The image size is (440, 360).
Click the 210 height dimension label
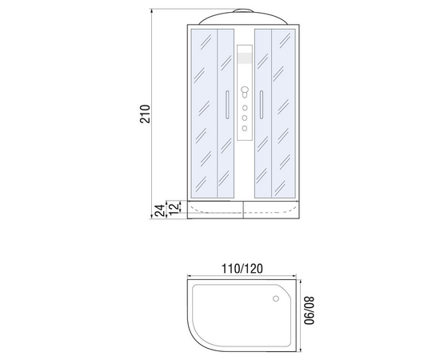click(145, 114)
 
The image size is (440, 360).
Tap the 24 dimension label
click(160, 210)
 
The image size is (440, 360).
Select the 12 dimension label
click(174, 208)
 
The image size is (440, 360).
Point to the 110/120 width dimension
click(242, 269)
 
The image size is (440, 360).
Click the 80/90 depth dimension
click(310, 310)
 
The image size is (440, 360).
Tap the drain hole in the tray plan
click(276, 298)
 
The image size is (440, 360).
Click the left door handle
click(227, 105)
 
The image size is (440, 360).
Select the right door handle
click(262, 105)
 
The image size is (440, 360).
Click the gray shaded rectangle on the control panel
click(245, 58)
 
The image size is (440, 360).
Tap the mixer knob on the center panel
click(245, 91)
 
